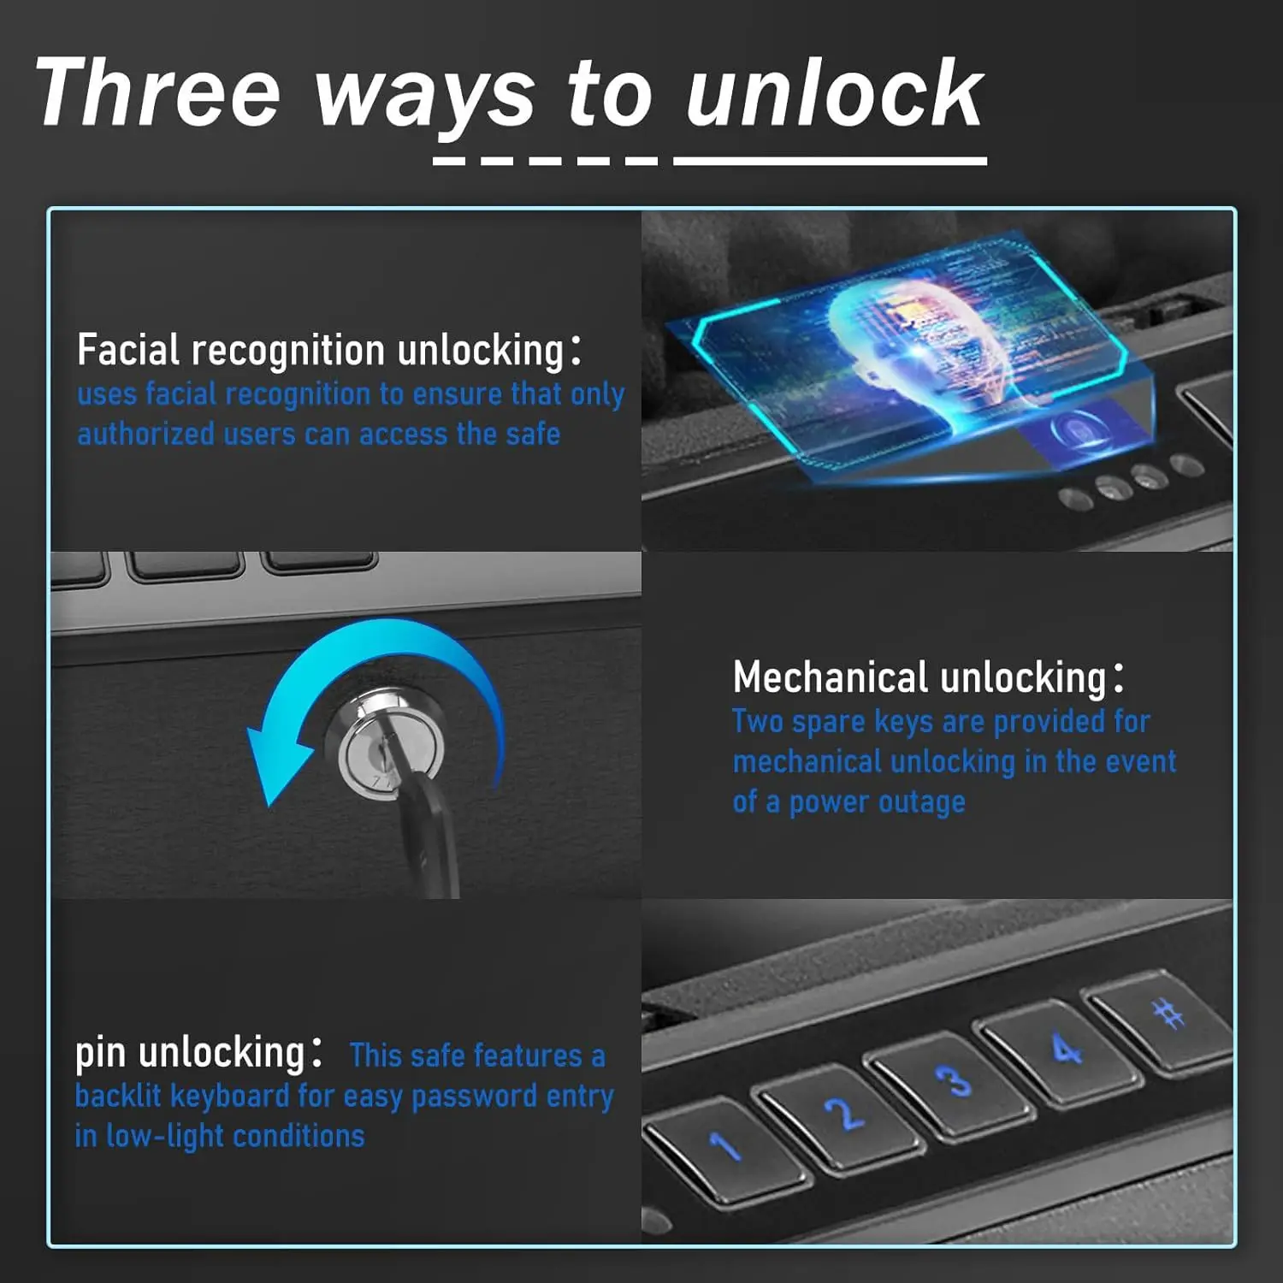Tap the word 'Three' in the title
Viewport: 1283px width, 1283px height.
point(158,92)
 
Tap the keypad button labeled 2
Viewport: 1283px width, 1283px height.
point(842,1114)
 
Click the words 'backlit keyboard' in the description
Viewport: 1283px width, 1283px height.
point(181,1096)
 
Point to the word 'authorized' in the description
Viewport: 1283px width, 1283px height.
point(145,434)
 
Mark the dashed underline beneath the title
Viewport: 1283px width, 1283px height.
point(546,160)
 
